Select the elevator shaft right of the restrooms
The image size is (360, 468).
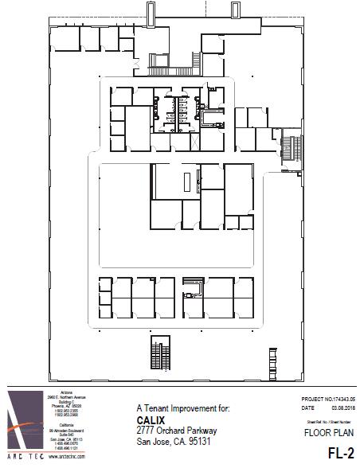point(211,119)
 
